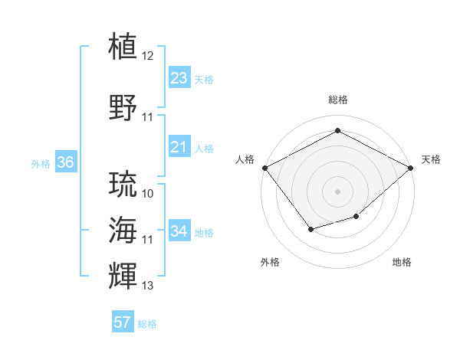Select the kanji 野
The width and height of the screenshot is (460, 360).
pos(123,106)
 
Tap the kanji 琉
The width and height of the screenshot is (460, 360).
pos(123,185)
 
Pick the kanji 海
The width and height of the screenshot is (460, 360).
pos(123,229)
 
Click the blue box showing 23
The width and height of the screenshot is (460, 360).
pos(179,78)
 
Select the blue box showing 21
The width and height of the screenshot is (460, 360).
pos(179,147)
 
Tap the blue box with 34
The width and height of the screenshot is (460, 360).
pos(179,231)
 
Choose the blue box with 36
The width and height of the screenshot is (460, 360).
pos(65,162)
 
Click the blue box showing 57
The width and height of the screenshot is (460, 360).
pos(123,322)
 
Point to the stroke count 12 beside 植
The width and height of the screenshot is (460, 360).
pos(148,56)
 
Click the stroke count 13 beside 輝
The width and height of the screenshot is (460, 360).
pos(148,286)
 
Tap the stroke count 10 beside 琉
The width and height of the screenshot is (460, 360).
pos(148,194)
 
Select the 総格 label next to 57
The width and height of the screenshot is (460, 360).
pos(147,324)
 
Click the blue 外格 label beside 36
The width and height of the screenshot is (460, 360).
pos(41,163)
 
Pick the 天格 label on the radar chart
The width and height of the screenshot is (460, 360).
pos(431,159)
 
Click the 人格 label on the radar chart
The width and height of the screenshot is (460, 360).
pos(245,159)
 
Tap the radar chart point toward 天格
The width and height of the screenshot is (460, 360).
pos(411,167)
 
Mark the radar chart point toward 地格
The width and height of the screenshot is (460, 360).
pos(356,217)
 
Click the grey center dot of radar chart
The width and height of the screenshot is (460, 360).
pos(337,191)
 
